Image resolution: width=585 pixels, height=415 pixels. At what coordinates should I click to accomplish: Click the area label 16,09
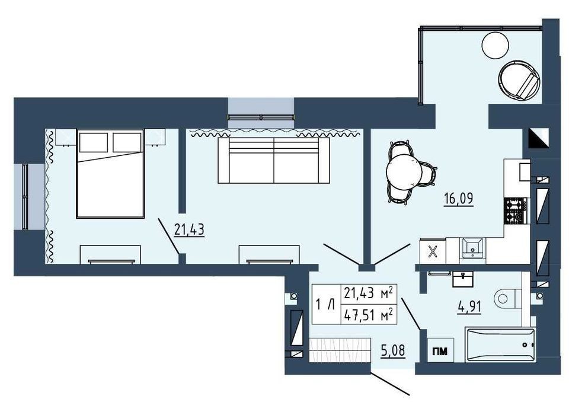(459, 199)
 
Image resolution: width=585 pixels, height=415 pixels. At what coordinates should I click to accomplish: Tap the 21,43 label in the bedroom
(189, 230)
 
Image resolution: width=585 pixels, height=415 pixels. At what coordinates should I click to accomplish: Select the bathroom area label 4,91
(469, 307)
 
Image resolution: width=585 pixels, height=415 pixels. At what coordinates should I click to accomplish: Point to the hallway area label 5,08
(393, 351)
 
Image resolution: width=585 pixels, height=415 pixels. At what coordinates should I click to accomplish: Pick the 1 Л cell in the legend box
(325, 305)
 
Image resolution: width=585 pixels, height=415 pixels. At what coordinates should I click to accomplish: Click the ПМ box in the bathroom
(440, 351)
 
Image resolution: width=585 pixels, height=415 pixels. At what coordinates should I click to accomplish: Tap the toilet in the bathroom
(507, 298)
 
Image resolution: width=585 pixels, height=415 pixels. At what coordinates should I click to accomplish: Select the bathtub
(500, 345)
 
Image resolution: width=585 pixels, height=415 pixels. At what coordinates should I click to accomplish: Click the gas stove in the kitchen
(515, 210)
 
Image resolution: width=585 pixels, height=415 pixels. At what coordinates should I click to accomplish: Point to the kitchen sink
(473, 248)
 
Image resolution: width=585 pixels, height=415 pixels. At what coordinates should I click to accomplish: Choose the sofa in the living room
(274, 160)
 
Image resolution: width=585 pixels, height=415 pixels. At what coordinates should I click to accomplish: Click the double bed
(110, 174)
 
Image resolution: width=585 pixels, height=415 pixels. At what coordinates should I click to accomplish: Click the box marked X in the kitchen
(433, 251)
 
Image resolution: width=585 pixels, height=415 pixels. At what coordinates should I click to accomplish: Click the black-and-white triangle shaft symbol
(539, 138)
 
